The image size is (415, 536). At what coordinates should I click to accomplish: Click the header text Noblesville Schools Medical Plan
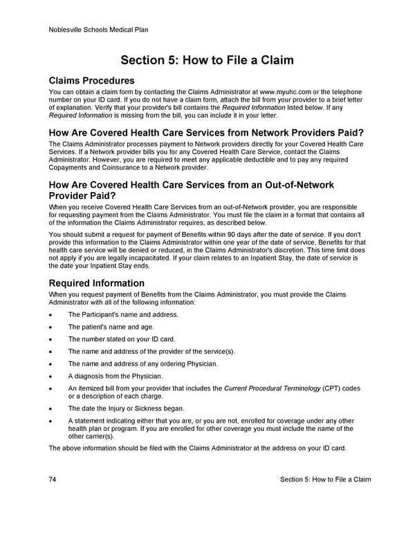click(x=98, y=30)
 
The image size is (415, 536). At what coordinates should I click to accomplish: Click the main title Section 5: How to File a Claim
click(x=207, y=60)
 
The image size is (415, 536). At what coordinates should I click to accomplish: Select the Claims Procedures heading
click(x=91, y=80)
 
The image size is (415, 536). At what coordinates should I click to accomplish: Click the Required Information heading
click(x=96, y=283)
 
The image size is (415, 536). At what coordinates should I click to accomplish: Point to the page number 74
click(x=53, y=480)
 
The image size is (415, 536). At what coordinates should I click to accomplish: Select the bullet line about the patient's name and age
click(x=111, y=327)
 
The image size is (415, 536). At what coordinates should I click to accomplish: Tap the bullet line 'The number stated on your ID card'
click(x=121, y=339)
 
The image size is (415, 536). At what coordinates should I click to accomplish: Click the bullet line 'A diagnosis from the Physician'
click(x=116, y=376)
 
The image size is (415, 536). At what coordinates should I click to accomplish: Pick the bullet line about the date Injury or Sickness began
click(x=126, y=408)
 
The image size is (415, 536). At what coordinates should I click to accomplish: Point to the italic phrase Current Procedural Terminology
click(x=272, y=389)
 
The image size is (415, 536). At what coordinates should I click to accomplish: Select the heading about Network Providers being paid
click(x=207, y=132)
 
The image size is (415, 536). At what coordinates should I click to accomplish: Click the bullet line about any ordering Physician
click(x=142, y=364)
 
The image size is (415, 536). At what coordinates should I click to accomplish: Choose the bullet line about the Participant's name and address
click(x=123, y=314)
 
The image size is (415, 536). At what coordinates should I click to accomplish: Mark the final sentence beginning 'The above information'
click(x=196, y=448)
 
